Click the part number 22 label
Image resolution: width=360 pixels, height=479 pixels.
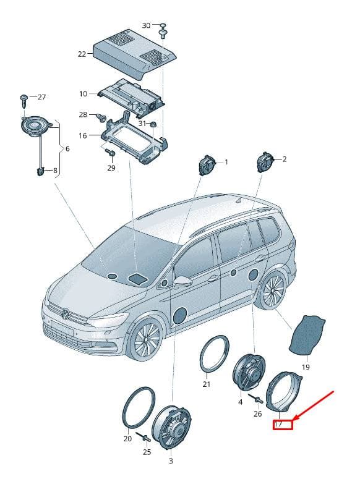[x=82, y=54]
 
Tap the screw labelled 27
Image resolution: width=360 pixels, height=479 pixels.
[x=24, y=101]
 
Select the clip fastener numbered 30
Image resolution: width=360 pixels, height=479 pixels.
[x=163, y=30]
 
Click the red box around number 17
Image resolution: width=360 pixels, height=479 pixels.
[x=283, y=425]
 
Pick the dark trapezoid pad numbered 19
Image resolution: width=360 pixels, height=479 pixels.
[x=307, y=335]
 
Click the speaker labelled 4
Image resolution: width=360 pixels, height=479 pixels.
[x=249, y=372]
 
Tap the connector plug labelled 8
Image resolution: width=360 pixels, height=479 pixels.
[x=40, y=172]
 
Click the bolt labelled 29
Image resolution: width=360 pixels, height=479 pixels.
[x=110, y=152]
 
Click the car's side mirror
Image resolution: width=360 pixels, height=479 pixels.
[x=182, y=281]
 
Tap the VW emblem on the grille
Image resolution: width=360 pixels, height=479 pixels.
[x=65, y=313]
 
